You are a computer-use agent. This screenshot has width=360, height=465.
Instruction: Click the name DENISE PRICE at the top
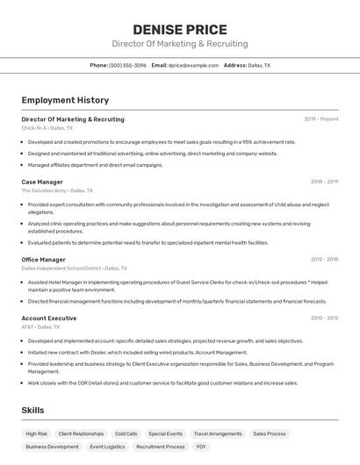point(180,29)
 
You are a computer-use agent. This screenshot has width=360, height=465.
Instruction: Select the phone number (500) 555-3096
point(127,65)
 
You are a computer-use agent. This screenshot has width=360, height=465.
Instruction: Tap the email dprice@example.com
point(193,65)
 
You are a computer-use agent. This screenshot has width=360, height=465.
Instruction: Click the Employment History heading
point(65,100)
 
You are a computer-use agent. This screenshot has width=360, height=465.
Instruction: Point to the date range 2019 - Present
point(320,118)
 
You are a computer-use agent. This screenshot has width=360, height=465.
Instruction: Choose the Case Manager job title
point(42,182)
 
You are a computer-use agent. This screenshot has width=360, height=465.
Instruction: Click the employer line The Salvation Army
point(56,190)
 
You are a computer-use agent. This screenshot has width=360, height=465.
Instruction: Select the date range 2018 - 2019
point(324,182)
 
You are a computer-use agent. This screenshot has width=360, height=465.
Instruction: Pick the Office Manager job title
point(44,260)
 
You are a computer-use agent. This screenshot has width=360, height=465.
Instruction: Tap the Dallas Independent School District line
point(74,268)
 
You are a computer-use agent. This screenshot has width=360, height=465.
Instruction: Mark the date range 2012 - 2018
point(324,260)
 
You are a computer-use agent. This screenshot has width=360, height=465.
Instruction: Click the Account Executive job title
point(49,318)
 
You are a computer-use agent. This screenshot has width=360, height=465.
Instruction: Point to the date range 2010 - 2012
point(324,318)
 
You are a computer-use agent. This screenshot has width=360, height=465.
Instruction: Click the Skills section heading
point(32,410)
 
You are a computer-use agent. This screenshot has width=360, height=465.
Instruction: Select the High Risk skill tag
point(37,433)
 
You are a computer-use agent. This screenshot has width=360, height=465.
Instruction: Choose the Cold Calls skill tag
point(126,433)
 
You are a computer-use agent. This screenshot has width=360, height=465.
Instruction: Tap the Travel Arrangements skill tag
point(218,433)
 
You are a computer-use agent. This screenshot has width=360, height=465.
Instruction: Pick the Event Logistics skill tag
point(107,447)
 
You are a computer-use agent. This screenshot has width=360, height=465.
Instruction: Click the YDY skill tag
point(202,447)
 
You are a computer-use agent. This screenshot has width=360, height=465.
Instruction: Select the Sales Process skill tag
point(270,433)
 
